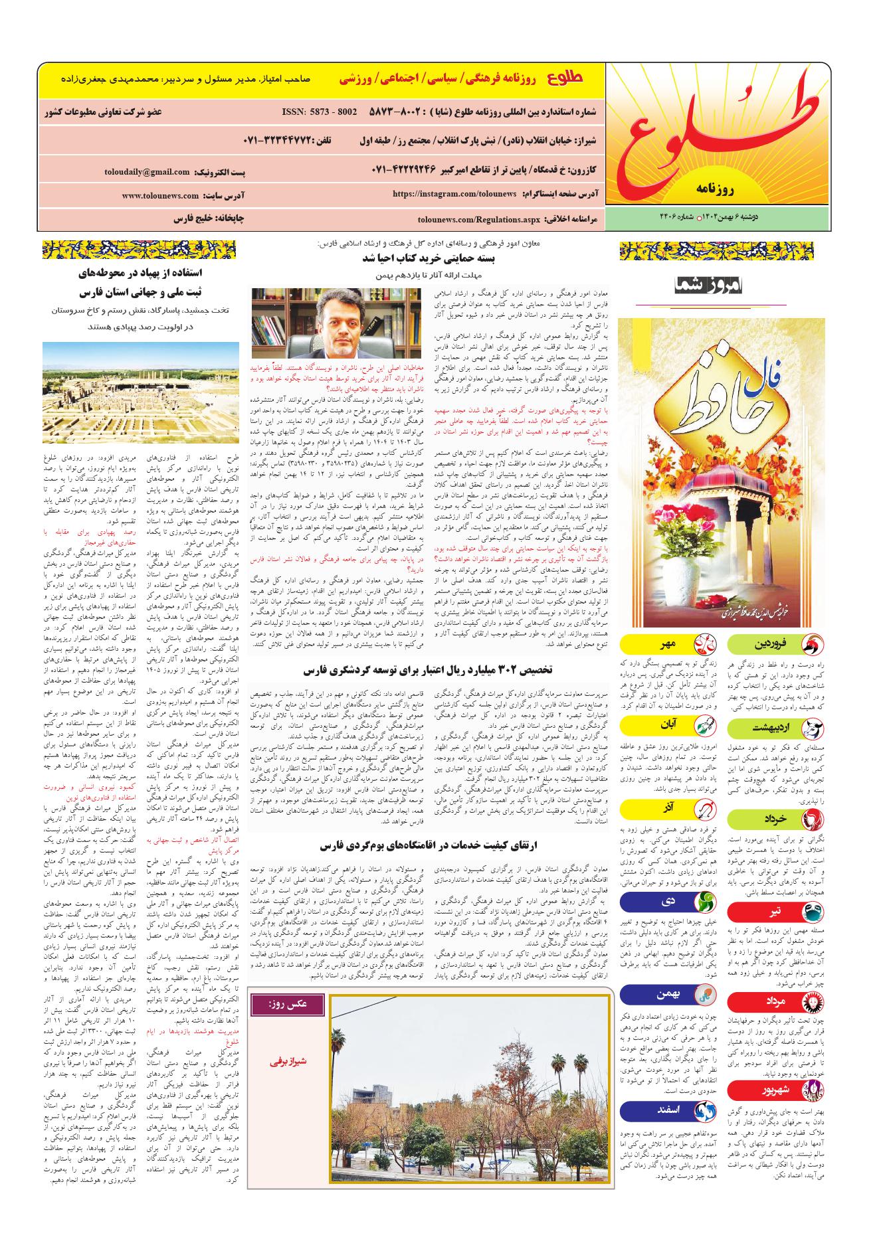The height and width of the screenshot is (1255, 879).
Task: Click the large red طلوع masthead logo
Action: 718,133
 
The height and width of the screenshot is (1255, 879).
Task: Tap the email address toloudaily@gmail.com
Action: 147,172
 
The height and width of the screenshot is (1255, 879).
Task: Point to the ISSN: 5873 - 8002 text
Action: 319,112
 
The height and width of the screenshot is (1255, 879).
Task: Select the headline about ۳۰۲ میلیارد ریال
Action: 429,670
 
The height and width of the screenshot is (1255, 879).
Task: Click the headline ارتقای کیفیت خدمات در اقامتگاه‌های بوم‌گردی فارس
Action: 429,845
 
